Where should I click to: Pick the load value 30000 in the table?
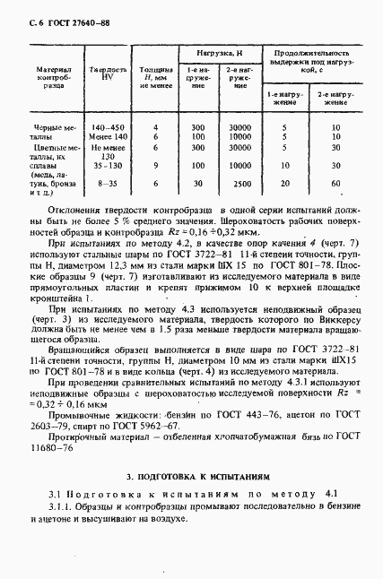click(x=239, y=128)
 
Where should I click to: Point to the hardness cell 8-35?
click(x=106, y=183)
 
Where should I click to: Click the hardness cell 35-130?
click(x=106, y=165)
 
